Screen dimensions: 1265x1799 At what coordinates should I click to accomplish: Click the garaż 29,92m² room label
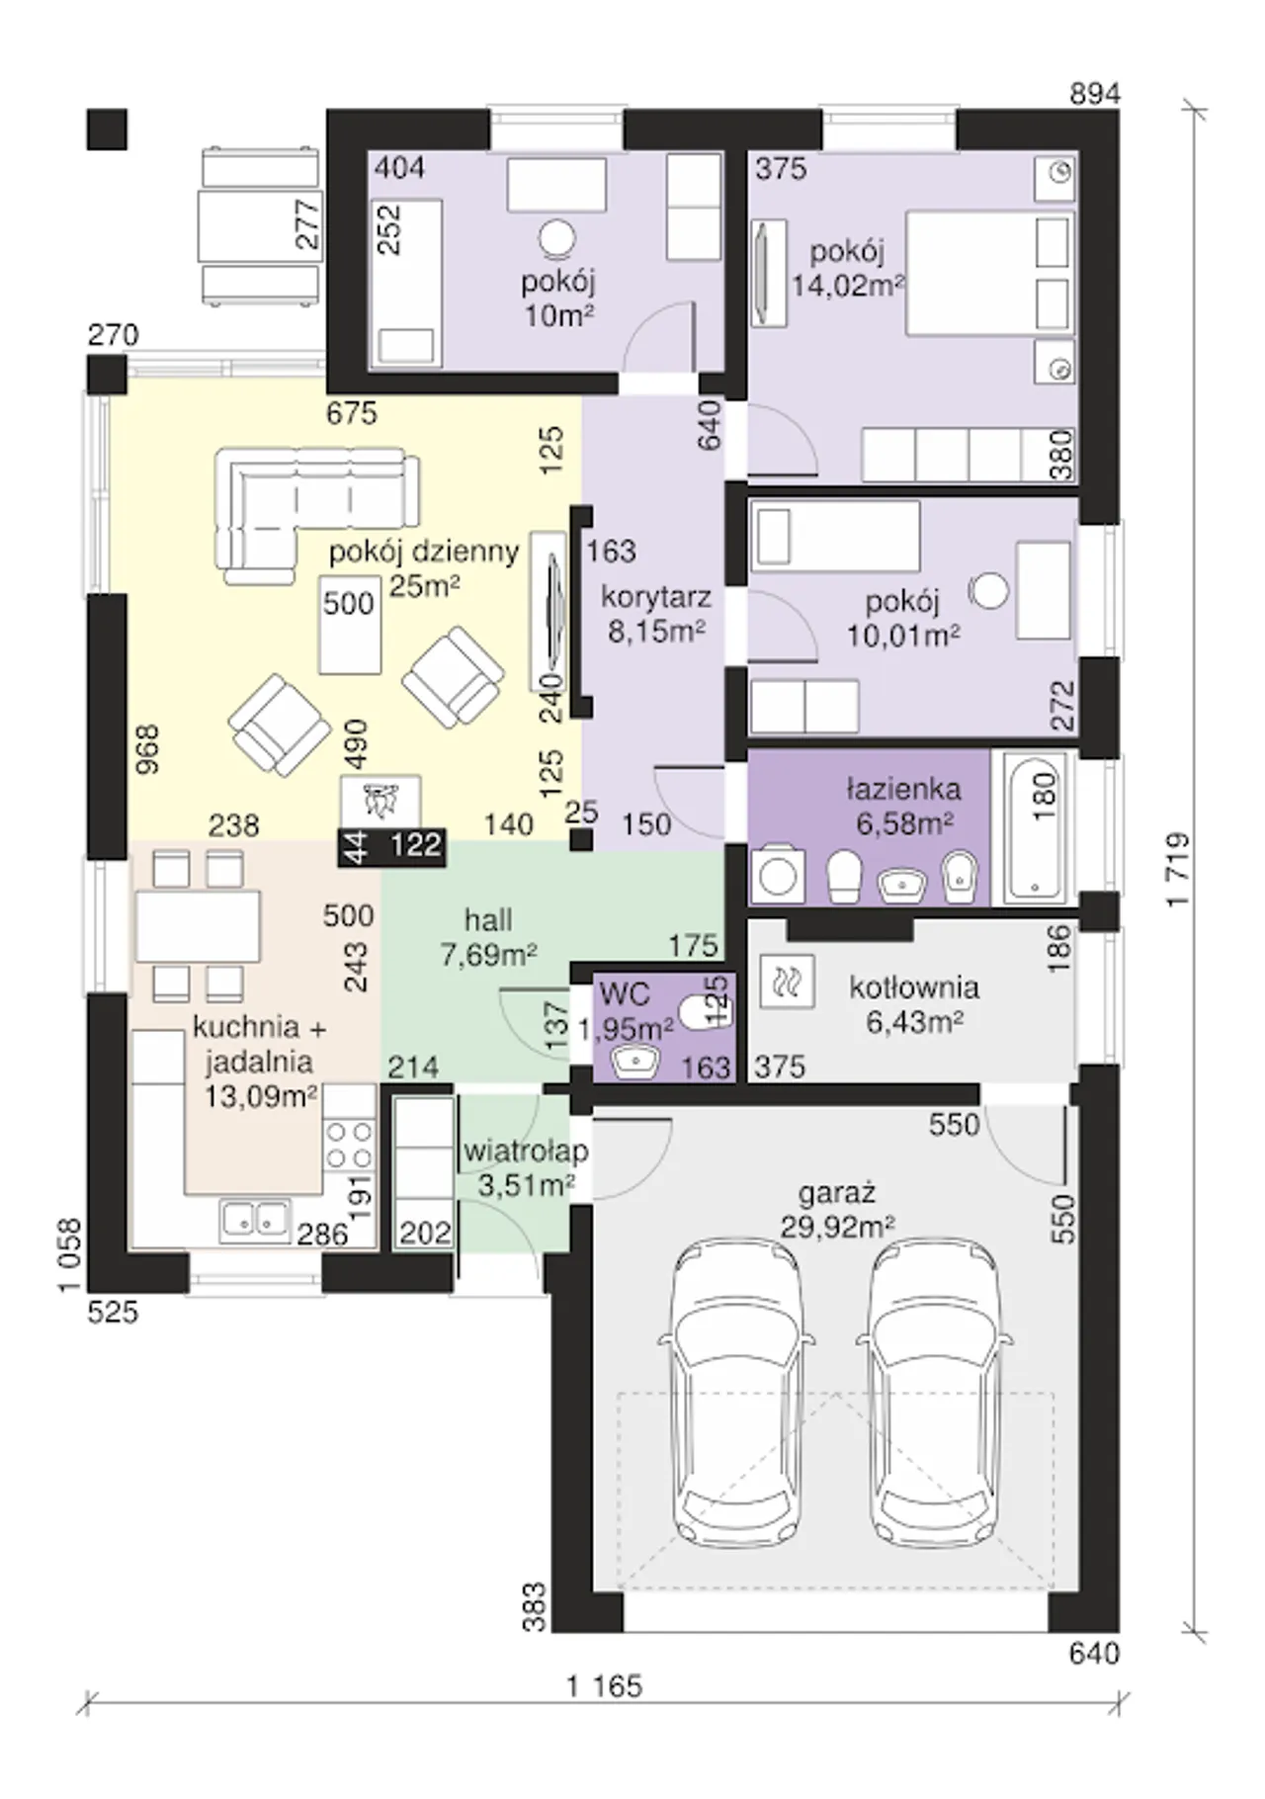(837, 1210)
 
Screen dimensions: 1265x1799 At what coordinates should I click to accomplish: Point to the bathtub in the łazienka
(1034, 827)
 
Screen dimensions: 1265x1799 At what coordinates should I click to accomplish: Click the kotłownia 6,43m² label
(914, 1004)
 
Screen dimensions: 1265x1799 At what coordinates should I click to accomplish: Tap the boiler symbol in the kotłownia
(788, 982)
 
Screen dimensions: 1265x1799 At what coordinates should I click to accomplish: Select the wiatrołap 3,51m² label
(526, 1167)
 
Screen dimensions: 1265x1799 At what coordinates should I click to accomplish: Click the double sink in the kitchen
(255, 1220)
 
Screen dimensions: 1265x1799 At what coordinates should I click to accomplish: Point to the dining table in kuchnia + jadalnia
(198, 926)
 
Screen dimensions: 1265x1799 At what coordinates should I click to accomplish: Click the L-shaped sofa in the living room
(316, 510)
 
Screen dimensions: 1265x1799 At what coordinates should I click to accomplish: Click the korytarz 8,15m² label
(656, 614)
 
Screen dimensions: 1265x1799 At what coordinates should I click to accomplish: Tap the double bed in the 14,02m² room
(989, 273)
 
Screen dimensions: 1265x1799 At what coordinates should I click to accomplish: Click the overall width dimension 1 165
(605, 1684)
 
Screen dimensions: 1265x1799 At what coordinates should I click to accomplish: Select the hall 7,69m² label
(488, 936)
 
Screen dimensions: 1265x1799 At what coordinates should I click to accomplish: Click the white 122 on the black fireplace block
(415, 845)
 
